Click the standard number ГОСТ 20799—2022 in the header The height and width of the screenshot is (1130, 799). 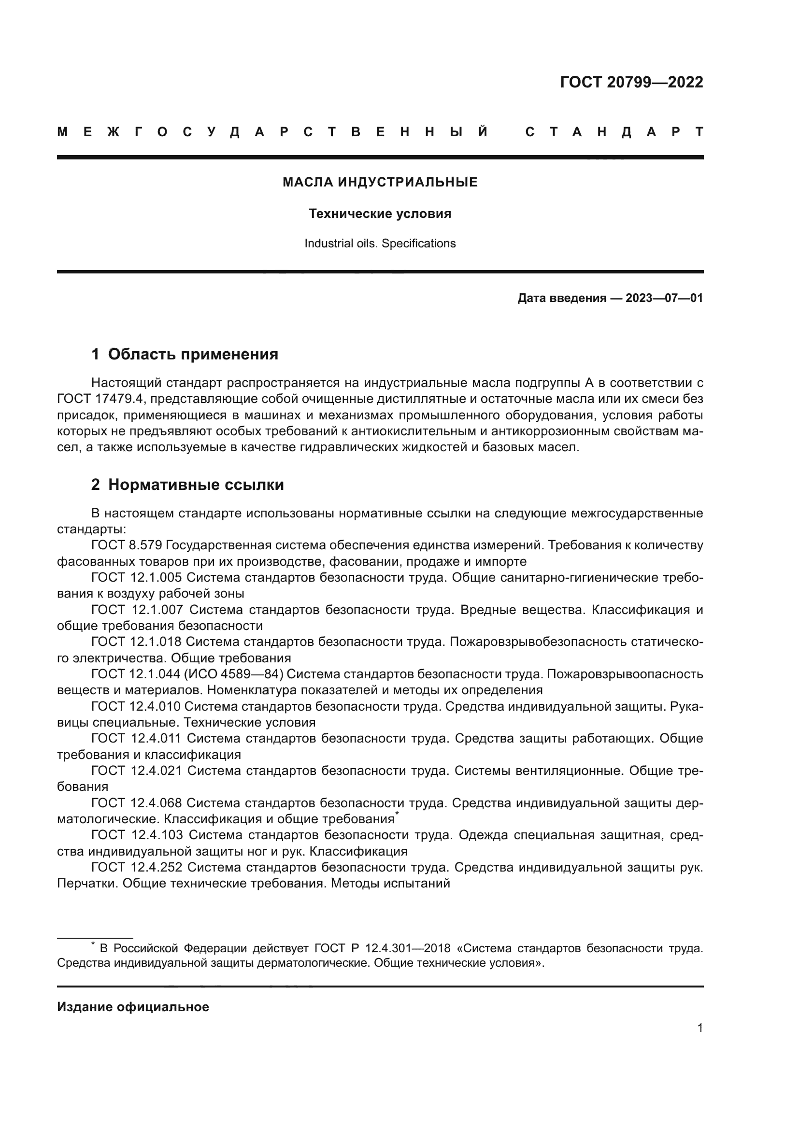pyautogui.click(x=631, y=82)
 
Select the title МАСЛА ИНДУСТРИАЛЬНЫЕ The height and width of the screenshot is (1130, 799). pyautogui.click(x=380, y=183)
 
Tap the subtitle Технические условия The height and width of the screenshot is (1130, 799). pyautogui.click(x=380, y=214)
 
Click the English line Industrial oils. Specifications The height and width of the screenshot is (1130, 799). pyautogui.click(x=380, y=243)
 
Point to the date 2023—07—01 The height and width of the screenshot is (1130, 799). pyautogui.click(x=664, y=298)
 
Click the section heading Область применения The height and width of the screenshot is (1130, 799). pyautogui.click(x=193, y=354)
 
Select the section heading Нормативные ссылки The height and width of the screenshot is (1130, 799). pyautogui.click(x=196, y=485)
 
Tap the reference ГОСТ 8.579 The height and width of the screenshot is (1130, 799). pyautogui.click(x=127, y=545)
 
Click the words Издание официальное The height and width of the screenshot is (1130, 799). pyautogui.click(x=133, y=1007)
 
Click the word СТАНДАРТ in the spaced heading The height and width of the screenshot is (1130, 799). pyautogui.click(x=614, y=132)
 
